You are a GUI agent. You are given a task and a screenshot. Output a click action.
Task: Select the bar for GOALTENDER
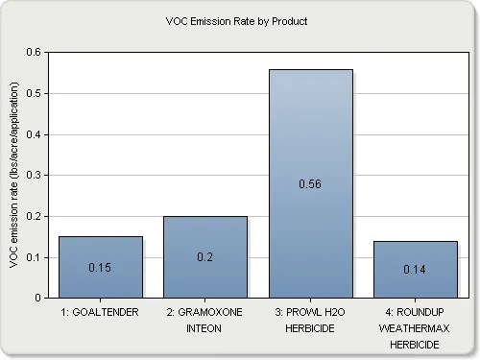point(101,250)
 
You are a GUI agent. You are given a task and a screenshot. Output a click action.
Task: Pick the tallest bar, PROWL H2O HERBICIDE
point(310,144)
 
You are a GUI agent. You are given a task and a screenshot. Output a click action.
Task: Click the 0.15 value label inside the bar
point(101,268)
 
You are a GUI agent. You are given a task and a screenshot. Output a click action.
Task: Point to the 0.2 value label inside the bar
point(205,257)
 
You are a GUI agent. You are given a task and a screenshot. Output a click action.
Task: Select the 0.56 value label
point(310,183)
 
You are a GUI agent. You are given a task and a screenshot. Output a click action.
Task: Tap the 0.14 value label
point(415,270)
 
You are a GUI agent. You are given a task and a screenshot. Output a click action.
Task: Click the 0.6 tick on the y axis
point(35,52)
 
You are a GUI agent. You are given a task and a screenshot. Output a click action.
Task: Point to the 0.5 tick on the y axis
point(35,93)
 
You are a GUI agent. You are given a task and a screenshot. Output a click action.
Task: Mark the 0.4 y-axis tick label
point(35,134)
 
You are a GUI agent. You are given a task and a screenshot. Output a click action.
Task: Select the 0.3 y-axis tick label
point(35,176)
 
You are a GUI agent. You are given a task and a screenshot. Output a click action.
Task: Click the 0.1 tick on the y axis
point(35,257)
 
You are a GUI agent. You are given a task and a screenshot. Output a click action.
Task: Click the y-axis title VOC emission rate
point(14,175)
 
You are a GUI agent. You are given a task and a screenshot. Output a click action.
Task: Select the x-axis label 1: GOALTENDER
point(101,313)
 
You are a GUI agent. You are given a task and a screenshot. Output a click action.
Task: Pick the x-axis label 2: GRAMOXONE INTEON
point(205,320)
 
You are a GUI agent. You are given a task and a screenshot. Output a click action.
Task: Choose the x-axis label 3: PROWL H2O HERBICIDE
point(310,320)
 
